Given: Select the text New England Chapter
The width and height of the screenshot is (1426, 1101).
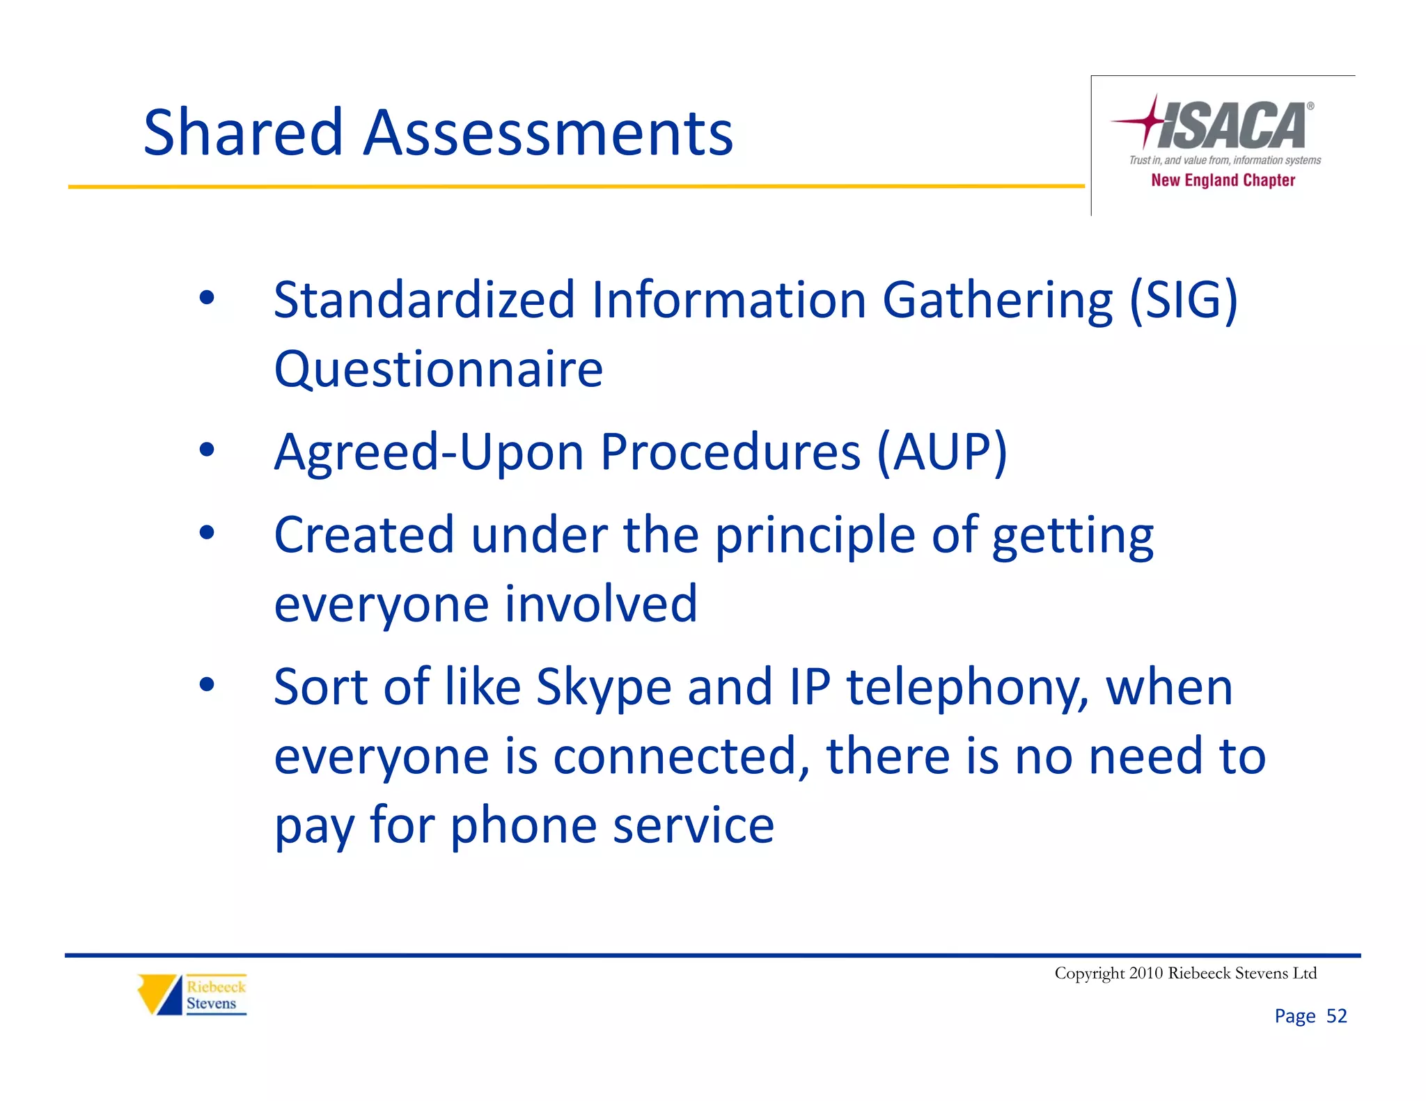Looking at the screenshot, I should [1223, 180].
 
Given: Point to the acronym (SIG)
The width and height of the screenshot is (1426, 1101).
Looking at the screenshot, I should [1183, 300].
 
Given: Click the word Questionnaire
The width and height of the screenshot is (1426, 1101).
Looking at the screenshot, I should [438, 369].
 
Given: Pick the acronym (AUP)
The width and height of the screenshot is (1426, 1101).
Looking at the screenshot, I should [941, 452].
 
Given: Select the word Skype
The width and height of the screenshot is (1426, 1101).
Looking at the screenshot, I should [604, 688].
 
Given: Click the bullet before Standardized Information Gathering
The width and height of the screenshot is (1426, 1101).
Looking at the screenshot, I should [207, 298].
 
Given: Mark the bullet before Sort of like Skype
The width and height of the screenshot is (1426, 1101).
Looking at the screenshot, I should [207, 685].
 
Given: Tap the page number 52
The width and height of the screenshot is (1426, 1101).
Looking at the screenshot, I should [1336, 1016].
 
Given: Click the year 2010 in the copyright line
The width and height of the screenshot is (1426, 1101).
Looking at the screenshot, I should [1146, 973].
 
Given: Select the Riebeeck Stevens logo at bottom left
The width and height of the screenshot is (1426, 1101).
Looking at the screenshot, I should [192, 995].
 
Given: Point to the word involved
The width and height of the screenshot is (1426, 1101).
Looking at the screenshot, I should [601, 604].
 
